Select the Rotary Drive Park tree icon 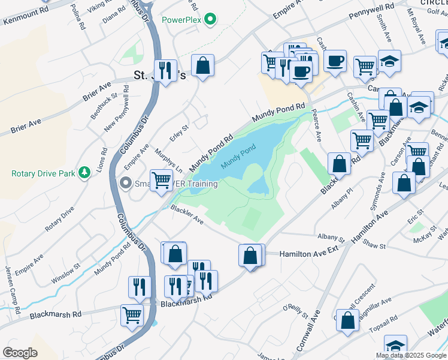[86, 173]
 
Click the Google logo [20, 353]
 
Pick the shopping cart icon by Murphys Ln [161, 179]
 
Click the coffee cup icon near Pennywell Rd [335, 61]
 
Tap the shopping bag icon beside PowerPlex [203, 65]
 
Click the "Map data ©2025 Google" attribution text [410, 355]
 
